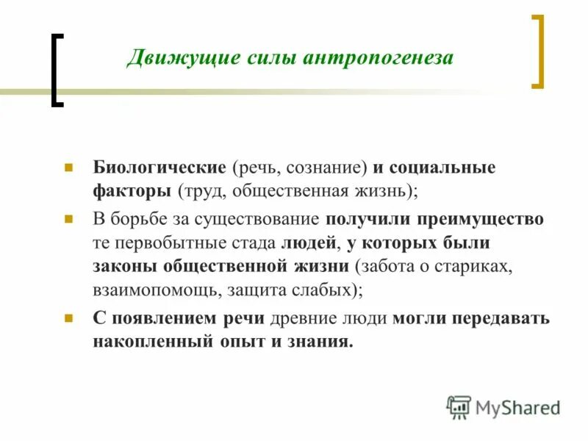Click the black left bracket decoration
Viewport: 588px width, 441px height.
pos(57,71)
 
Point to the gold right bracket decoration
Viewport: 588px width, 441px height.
pos(538,51)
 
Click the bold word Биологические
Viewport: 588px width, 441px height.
pos(159,168)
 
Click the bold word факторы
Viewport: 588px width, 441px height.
pos(132,192)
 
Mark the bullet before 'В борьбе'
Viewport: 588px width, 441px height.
pos(68,219)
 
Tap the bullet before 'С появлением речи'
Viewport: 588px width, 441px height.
pos(68,319)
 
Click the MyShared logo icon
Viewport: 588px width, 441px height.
pos(459,406)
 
